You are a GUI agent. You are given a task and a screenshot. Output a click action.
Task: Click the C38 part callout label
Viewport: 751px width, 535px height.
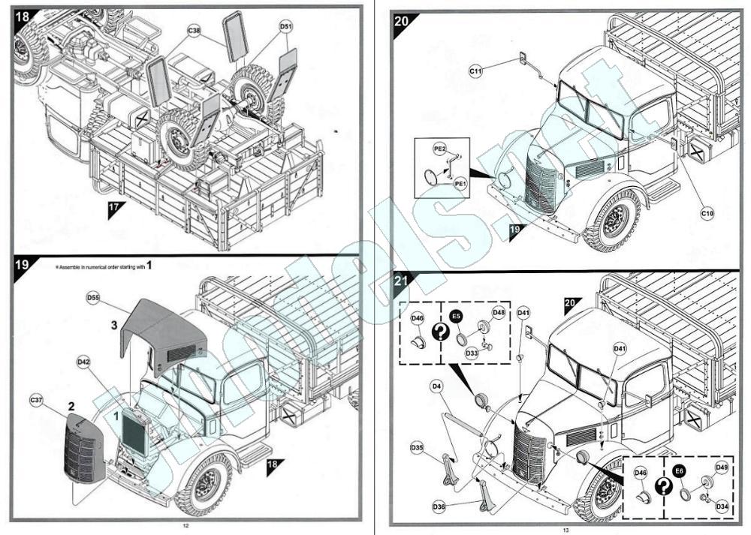[195, 32]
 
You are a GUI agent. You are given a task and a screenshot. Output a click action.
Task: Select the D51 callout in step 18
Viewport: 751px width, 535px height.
[286, 26]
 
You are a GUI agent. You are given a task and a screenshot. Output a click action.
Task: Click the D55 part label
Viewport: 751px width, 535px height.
[93, 298]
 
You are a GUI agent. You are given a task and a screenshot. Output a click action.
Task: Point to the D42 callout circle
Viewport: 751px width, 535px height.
[84, 362]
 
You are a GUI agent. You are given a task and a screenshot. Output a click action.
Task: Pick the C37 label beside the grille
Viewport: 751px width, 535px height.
[37, 398]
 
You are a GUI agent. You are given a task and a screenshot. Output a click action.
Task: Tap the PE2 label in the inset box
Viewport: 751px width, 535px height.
[440, 150]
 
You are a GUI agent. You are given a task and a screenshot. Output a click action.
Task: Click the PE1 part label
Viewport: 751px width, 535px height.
[460, 182]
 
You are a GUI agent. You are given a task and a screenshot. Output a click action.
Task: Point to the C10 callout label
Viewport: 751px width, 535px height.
[707, 214]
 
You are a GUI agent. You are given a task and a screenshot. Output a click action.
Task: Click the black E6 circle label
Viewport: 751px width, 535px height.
[679, 471]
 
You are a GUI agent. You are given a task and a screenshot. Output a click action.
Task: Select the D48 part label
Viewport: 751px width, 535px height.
[499, 312]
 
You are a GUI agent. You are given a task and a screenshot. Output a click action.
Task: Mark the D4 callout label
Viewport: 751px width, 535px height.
[436, 386]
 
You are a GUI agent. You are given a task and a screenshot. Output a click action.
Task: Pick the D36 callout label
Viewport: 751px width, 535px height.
[438, 506]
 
